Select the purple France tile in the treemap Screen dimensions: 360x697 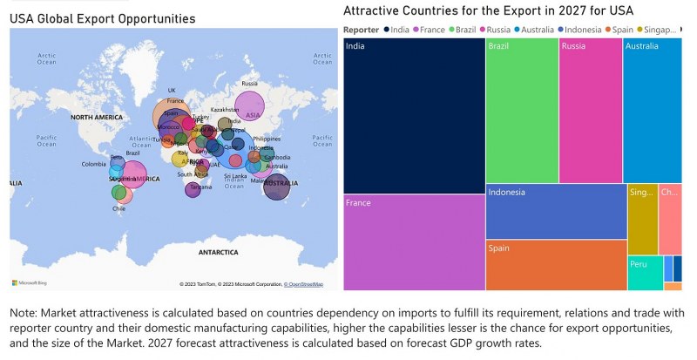pos(414,241)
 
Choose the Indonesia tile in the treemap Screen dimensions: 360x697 pos(556,211)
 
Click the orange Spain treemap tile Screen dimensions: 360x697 pos(556,265)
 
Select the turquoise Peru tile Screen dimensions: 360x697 pos(644,273)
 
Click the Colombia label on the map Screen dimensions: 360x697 pos(94,164)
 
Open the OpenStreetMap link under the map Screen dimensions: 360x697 pos(305,284)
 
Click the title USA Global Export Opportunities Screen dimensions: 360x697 pos(103,18)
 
